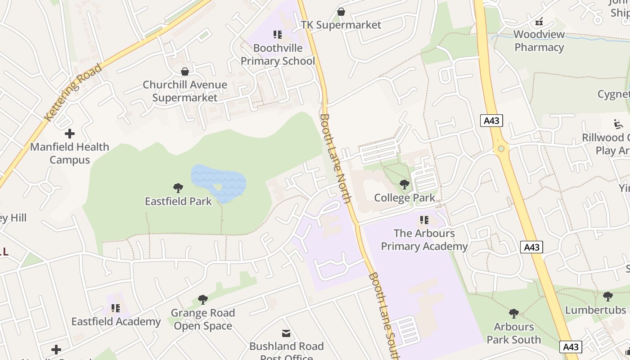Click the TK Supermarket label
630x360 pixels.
[341, 25]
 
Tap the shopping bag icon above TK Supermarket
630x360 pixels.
[341, 12]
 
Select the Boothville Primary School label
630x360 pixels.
[278, 54]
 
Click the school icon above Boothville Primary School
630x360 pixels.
[278, 35]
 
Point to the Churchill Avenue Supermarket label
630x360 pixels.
[185, 91]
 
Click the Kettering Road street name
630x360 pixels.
[73, 93]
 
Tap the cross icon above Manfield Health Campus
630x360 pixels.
[70, 134]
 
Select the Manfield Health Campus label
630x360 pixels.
[70, 153]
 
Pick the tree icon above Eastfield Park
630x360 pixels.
[178, 188]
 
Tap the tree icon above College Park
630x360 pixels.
[405, 184]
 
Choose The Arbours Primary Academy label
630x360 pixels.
[424, 239]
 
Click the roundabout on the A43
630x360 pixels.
[501, 148]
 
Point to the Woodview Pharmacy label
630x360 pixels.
[539, 40]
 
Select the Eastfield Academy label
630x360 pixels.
[116, 321]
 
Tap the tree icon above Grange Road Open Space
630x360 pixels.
[203, 300]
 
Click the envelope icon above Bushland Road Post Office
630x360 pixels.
[286, 333]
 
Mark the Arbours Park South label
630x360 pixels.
[514, 333]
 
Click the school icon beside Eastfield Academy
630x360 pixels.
[116, 308]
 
